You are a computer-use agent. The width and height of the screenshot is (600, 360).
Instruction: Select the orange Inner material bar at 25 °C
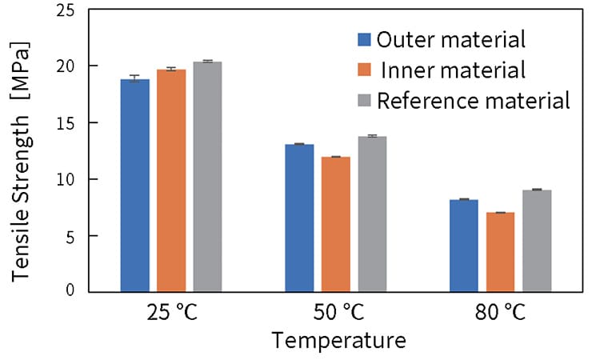click(171, 181)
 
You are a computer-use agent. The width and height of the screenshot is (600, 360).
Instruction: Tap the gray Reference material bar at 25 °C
click(207, 177)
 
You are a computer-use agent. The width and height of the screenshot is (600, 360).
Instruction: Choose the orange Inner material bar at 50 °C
click(336, 224)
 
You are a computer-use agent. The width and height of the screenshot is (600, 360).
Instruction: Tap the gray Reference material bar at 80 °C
click(537, 241)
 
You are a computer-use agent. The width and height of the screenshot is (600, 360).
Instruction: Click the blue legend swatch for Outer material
click(364, 39)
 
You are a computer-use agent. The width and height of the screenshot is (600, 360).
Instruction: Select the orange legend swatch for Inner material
click(364, 70)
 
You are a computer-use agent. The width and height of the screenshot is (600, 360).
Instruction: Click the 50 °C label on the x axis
click(337, 312)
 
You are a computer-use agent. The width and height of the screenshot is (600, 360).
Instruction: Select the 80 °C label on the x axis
click(501, 312)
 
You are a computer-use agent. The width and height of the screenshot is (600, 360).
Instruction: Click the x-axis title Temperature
click(338, 342)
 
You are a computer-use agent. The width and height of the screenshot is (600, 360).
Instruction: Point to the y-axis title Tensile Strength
click(22, 160)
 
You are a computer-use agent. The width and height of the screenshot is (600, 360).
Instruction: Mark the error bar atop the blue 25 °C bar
click(134, 78)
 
